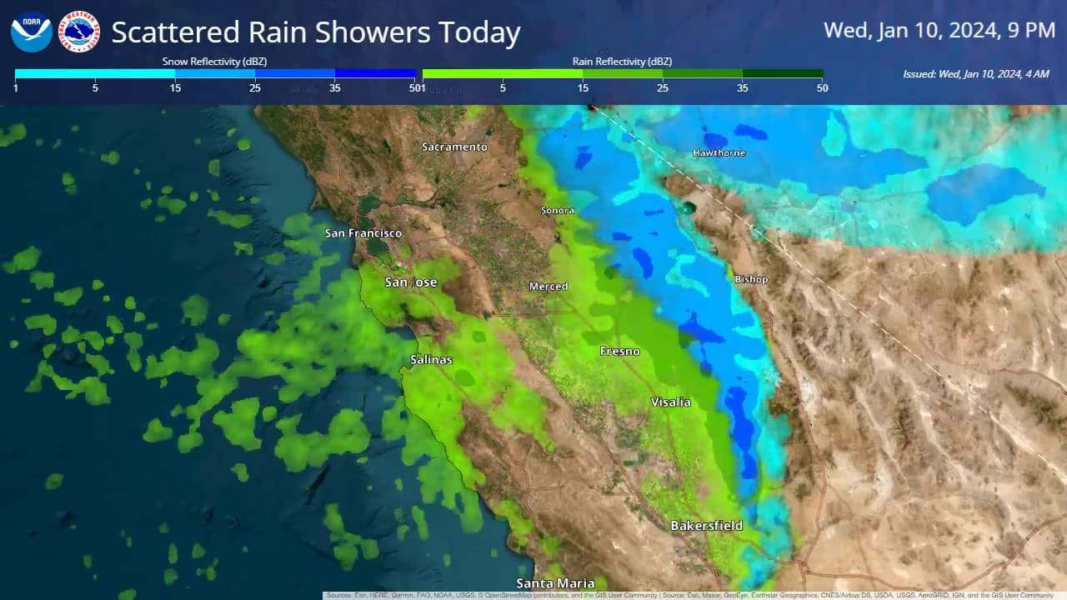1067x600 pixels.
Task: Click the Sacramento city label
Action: coord(454,147)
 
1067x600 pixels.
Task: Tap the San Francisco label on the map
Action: coord(363,233)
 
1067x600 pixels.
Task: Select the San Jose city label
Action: coord(411,282)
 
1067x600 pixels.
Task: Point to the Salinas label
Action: coord(431,360)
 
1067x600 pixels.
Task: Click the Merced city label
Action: coord(549,287)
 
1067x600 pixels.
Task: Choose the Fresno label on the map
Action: coord(620,352)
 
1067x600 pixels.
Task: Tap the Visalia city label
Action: coord(671,402)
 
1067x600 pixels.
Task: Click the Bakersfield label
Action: coord(706,526)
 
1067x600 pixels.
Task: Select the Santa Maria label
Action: coord(555,583)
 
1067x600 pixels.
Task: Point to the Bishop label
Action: coord(751,279)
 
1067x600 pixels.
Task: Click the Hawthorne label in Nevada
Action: coord(719,153)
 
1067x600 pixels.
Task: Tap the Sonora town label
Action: coord(558,211)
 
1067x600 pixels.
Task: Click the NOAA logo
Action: coord(32,32)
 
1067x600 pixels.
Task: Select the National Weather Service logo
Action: coord(81,32)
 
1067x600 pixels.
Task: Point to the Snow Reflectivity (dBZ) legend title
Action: coord(214,62)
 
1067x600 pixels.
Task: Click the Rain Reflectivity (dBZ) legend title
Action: coord(622,62)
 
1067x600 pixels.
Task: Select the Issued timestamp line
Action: coord(975,74)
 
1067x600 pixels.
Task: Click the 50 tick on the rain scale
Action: coord(822,88)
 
